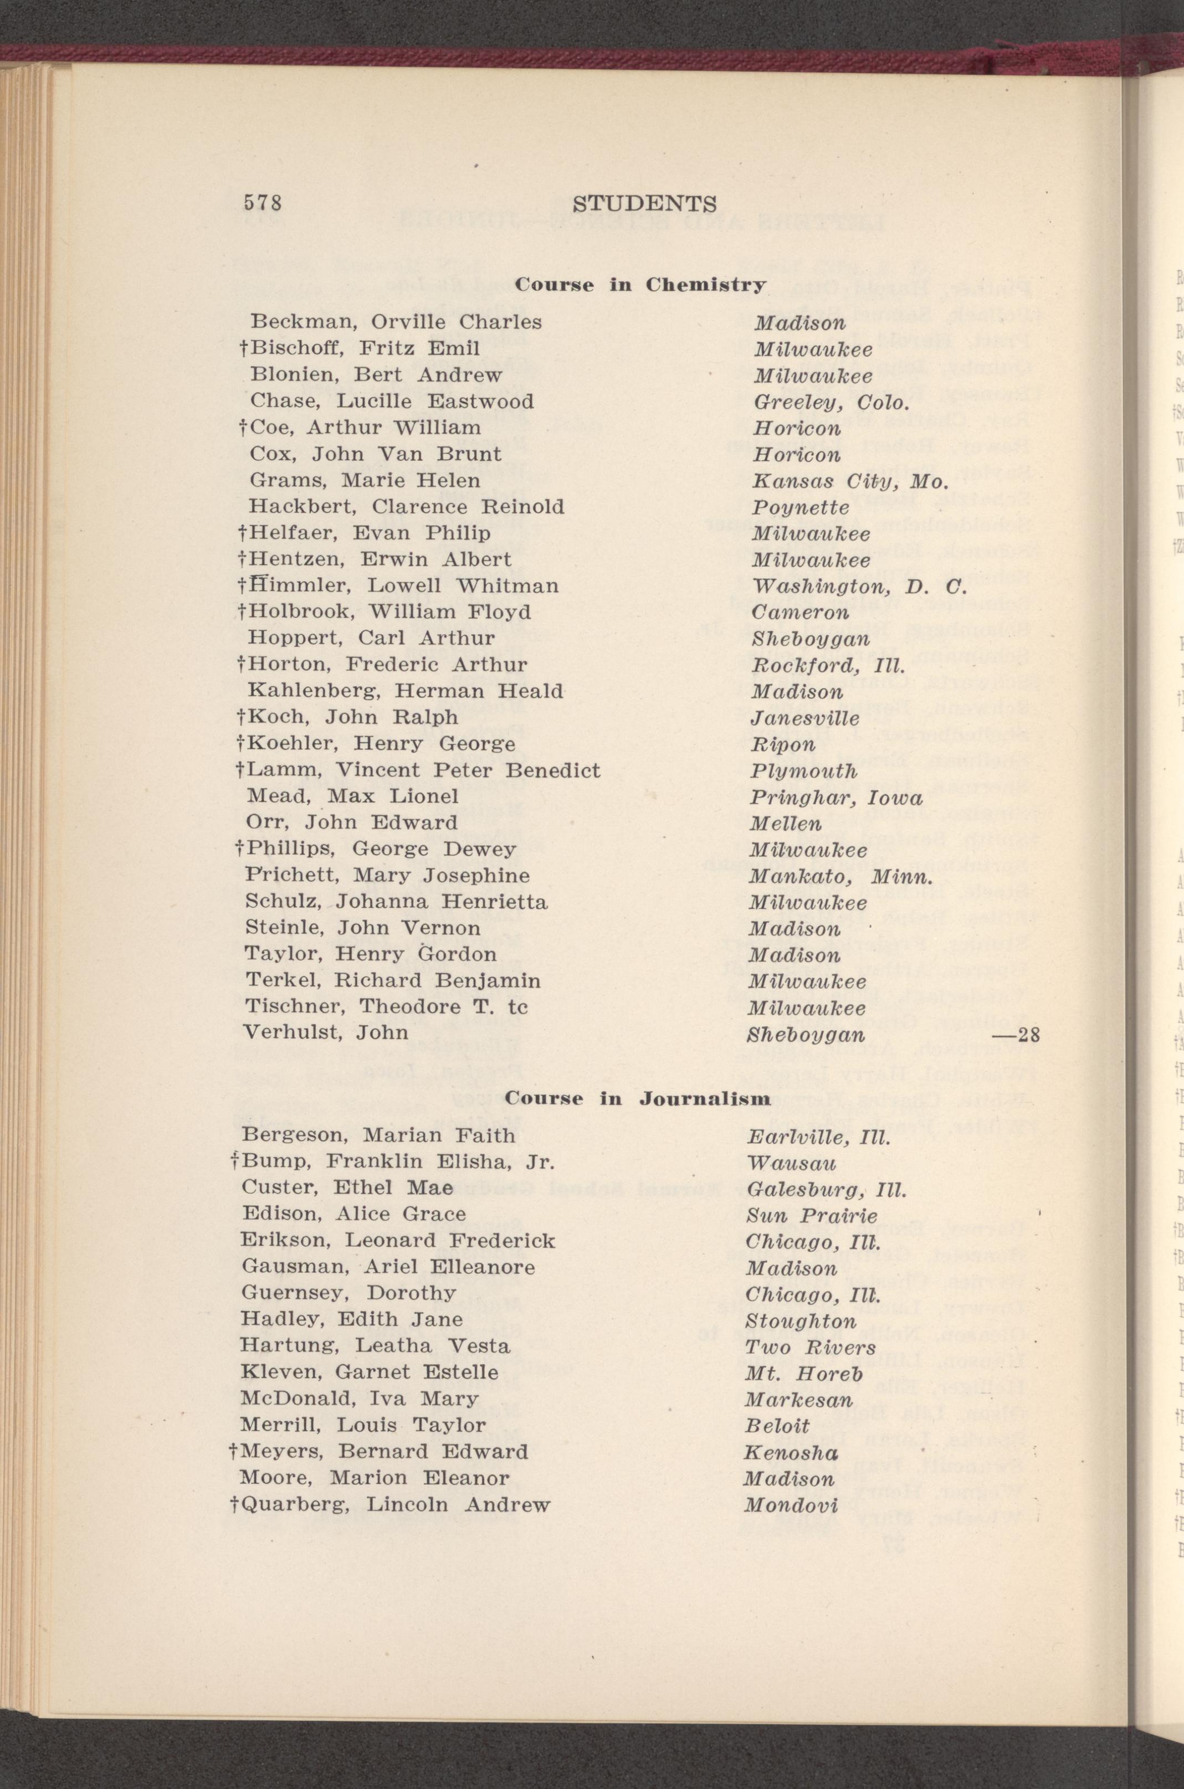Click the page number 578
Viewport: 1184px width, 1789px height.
(x=262, y=204)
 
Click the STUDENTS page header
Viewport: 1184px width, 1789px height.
(x=644, y=204)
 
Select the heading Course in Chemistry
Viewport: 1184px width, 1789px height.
(x=640, y=285)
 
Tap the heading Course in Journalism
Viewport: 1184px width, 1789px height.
(x=638, y=1098)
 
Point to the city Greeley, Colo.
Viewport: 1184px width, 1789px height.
(x=828, y=401)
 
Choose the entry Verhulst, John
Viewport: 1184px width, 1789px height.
(x=326, y=1032)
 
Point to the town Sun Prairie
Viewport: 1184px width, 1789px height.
(x=812, y=1216)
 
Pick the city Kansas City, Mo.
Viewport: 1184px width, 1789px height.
(x=849, y=481)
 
